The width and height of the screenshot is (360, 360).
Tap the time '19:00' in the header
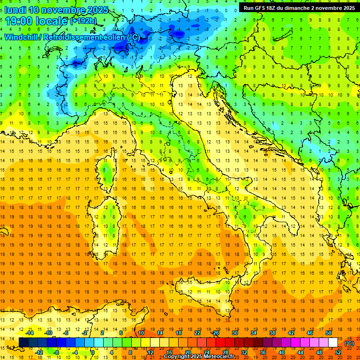19,21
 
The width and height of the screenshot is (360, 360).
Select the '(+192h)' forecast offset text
83,21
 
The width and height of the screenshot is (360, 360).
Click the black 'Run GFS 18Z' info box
299,7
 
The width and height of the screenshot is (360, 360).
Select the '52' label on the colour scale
338,352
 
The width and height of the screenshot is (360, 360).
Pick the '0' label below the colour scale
93,352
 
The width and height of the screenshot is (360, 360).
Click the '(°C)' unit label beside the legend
349,343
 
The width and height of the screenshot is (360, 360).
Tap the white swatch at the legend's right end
333,342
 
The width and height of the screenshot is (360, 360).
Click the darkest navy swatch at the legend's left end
23,342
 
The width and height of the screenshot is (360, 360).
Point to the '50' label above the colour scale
328,333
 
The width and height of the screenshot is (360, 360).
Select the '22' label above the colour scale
197,333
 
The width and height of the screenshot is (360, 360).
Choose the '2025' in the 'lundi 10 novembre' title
98,10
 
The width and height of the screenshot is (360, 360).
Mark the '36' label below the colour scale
263,352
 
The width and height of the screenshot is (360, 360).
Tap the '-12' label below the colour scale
39,352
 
